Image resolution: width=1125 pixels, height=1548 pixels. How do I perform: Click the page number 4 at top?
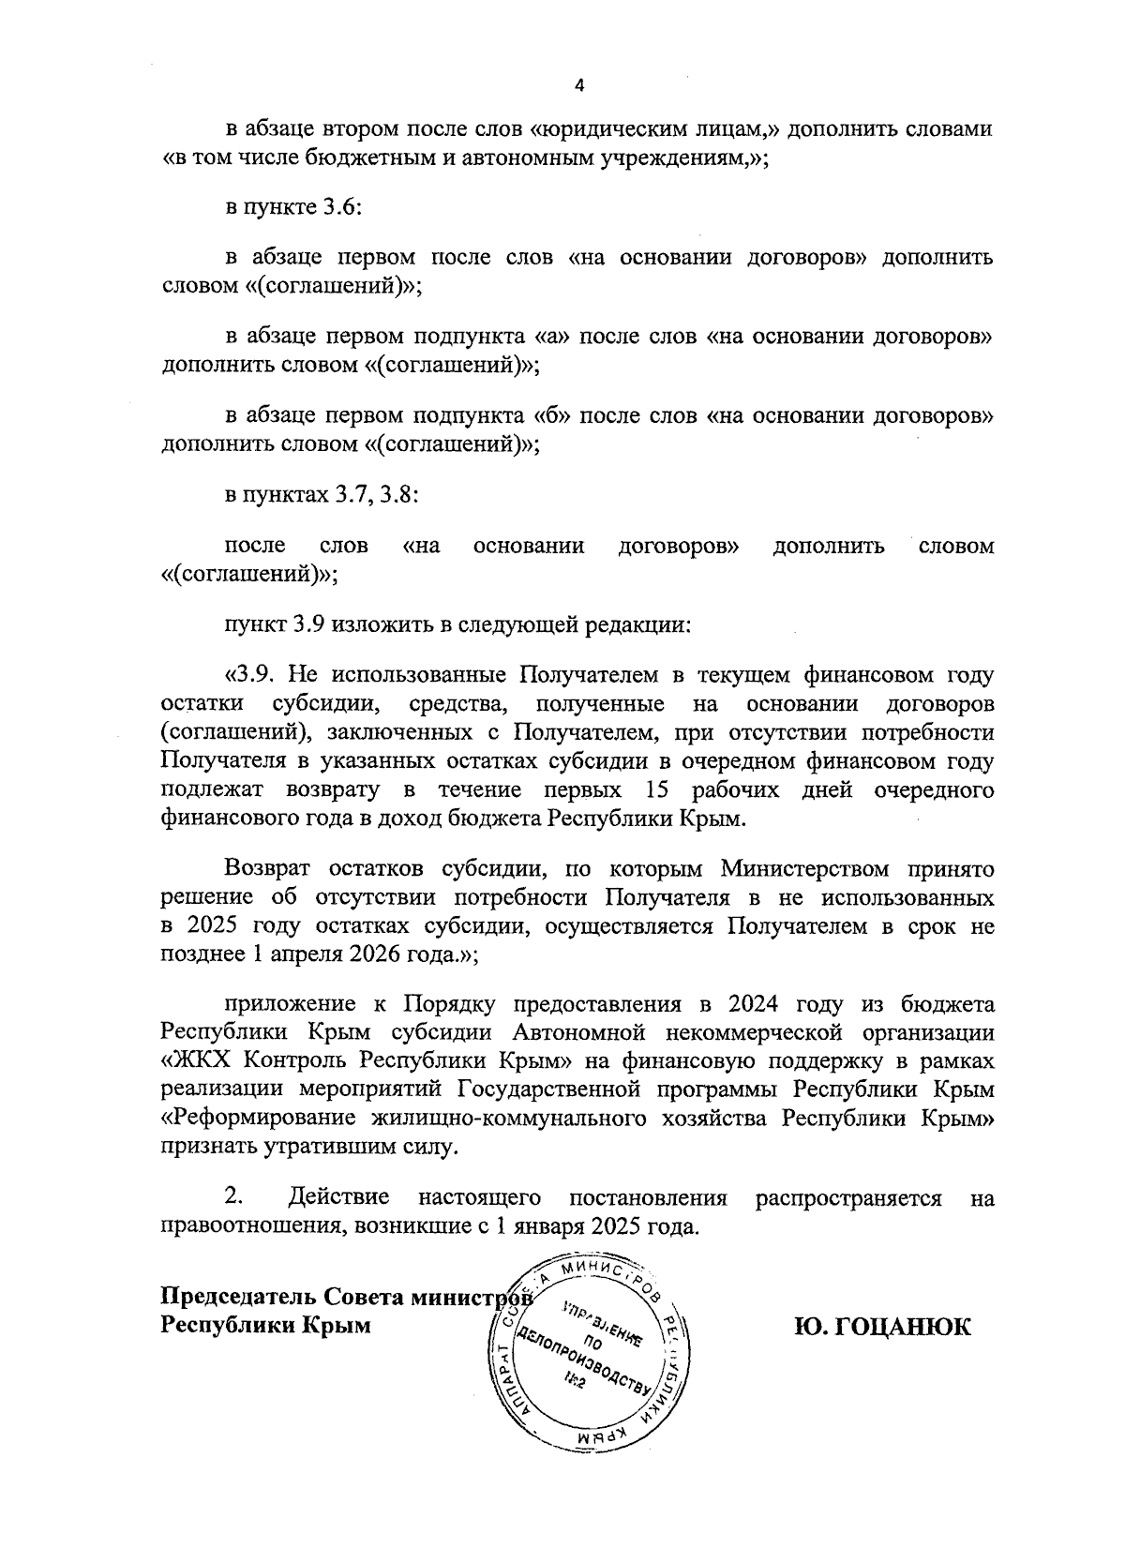tap(578, 85)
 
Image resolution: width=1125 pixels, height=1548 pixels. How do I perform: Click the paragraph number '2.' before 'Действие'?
tap(234, 1197)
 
